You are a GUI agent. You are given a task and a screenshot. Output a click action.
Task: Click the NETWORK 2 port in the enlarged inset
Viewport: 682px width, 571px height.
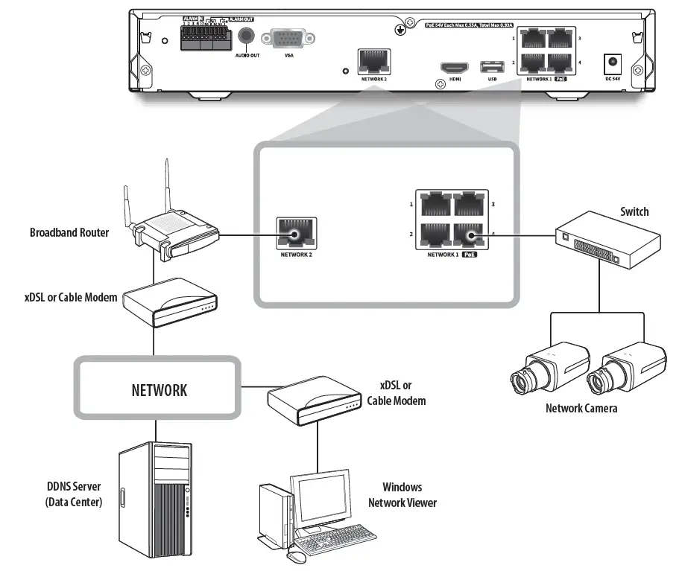pyautogui.click(x=296, y=234)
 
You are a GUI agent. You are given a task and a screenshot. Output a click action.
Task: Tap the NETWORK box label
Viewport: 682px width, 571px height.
pyautogui.click(x=159, y=389)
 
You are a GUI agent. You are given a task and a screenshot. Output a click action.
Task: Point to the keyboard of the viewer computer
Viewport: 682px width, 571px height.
pyautogui.click(x=335, y=537)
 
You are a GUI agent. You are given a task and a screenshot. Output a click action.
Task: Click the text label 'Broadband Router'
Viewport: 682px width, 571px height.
pyautogui.click(x=69, y=232)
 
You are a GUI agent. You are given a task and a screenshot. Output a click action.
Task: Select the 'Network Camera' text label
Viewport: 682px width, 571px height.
pyautogui.click(x=581, y=408)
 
